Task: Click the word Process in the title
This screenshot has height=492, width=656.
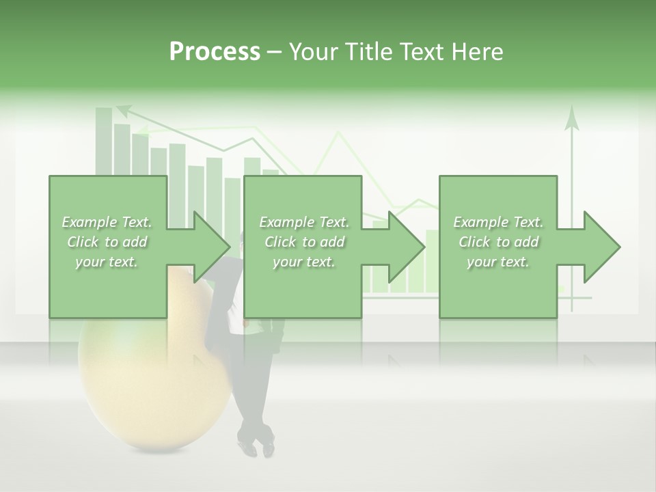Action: (215, 52)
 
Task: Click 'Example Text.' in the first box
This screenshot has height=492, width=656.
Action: (107, 222)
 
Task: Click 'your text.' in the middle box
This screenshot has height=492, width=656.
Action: (303, 262)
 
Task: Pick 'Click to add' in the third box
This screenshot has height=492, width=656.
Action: (498, 242)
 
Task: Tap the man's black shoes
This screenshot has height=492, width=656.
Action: (256, 444)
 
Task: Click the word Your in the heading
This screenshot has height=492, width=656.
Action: (310, 52)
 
